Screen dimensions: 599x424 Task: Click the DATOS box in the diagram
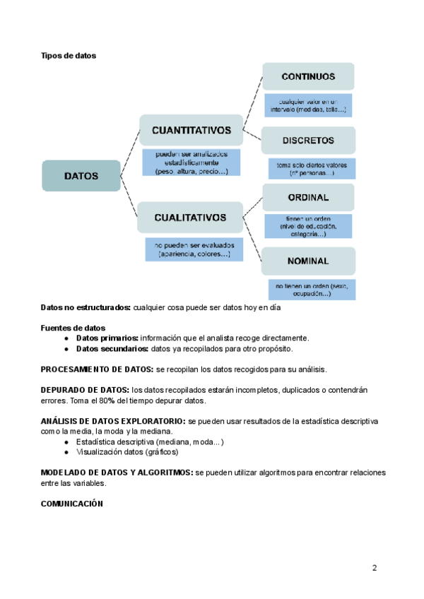coord(81,176)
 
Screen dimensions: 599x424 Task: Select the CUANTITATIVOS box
coord(191,131)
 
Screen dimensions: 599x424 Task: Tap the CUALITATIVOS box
coord(190,218)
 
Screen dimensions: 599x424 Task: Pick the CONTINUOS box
coord(308,76)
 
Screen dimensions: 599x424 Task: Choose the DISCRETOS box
coord(308,140)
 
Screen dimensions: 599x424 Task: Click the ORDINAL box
coord(308,197)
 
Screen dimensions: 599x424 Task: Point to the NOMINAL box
coord(308,261)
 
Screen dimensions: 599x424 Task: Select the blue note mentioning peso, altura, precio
coord(191,162)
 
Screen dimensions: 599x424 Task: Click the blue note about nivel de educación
coord(308,226)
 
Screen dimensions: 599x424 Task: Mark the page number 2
coord(375,568)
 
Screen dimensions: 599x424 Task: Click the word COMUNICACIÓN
coord(72,504)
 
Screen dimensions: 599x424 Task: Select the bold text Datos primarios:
coord(107,338)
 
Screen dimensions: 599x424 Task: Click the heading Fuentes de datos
coord(73,328)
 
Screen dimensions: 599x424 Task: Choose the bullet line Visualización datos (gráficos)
coord(127,452)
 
